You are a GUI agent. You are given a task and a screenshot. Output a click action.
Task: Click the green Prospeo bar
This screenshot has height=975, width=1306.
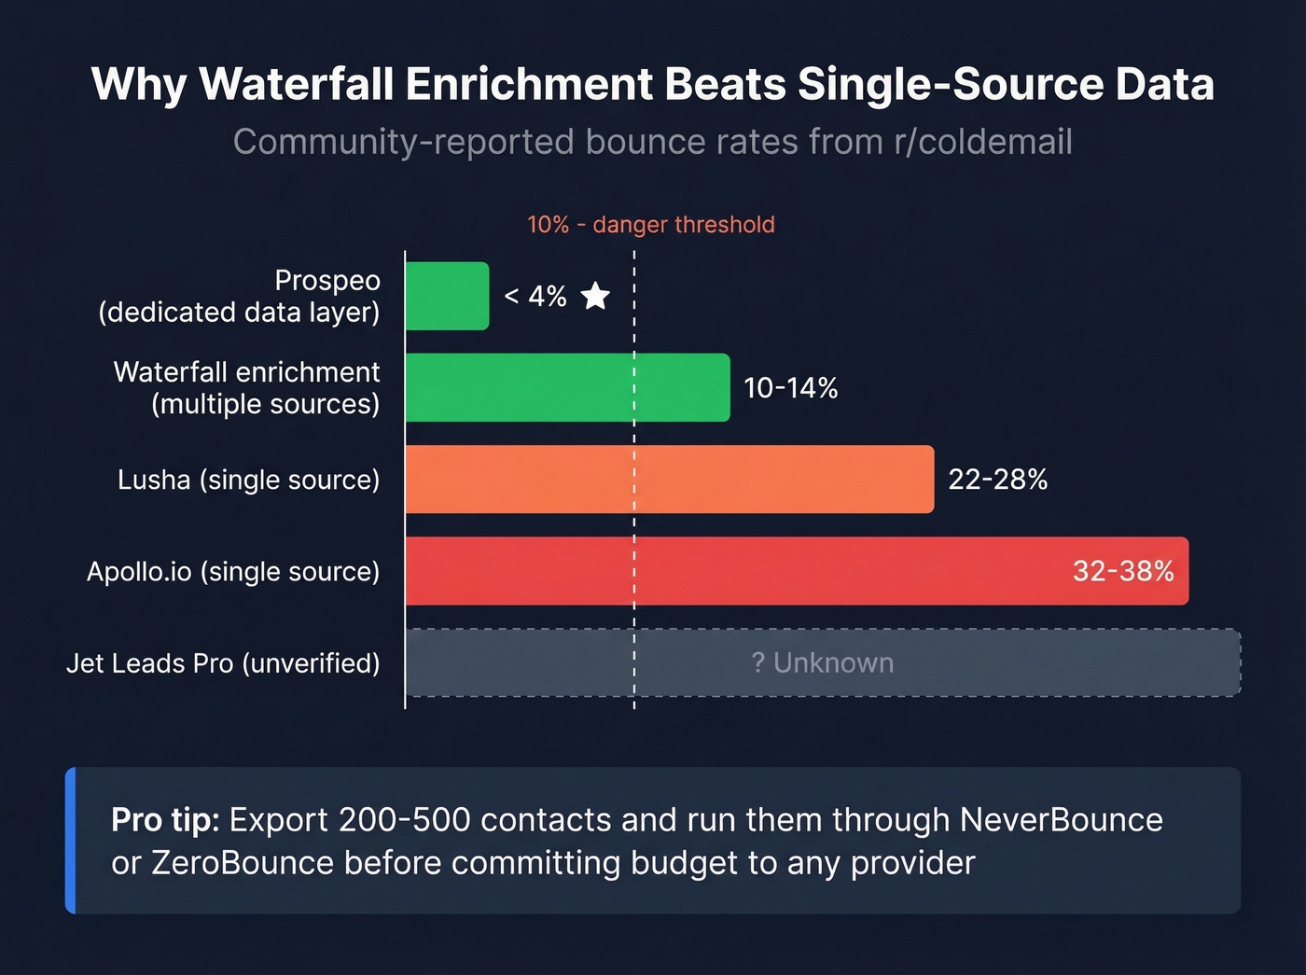tap(447, 296)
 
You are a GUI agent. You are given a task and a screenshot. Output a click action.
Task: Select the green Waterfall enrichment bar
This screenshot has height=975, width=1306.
tap(567, 387)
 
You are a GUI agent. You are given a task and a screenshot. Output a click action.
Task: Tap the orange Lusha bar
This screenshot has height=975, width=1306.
tap(669, 479)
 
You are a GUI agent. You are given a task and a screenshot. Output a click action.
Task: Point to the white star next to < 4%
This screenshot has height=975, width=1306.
tap(595, 297)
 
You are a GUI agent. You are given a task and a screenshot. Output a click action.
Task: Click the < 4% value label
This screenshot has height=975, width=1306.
tap(535, 297)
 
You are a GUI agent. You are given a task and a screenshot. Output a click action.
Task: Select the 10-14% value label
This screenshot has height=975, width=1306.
tap(790, 388)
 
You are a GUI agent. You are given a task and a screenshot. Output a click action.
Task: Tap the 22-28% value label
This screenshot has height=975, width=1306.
tap(997, 480)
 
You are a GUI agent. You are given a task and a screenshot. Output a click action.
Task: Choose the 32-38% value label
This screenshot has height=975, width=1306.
tap(1122, 571)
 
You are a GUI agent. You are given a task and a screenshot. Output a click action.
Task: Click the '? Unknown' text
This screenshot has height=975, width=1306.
tap(822, 662)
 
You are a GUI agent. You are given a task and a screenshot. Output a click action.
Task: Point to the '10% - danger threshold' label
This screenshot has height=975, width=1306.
tap(650, 225)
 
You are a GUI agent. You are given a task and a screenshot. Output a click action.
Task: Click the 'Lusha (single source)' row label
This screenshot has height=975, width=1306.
tap(248, 480)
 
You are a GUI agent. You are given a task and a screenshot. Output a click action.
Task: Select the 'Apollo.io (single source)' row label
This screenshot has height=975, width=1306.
tap(233, 571)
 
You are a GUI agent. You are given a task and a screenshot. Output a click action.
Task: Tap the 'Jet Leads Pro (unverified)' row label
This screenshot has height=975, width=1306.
tap(223, 662)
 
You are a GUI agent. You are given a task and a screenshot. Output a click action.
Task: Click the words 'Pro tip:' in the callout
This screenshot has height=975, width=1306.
tap(165, 820)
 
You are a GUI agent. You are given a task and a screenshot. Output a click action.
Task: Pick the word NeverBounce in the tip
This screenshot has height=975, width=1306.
tap(1061, 820)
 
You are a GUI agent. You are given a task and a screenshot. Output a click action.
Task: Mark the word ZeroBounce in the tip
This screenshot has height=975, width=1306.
tap(242, 863)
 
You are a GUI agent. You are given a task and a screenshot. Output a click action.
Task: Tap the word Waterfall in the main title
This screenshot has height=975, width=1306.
tap(296, 84)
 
